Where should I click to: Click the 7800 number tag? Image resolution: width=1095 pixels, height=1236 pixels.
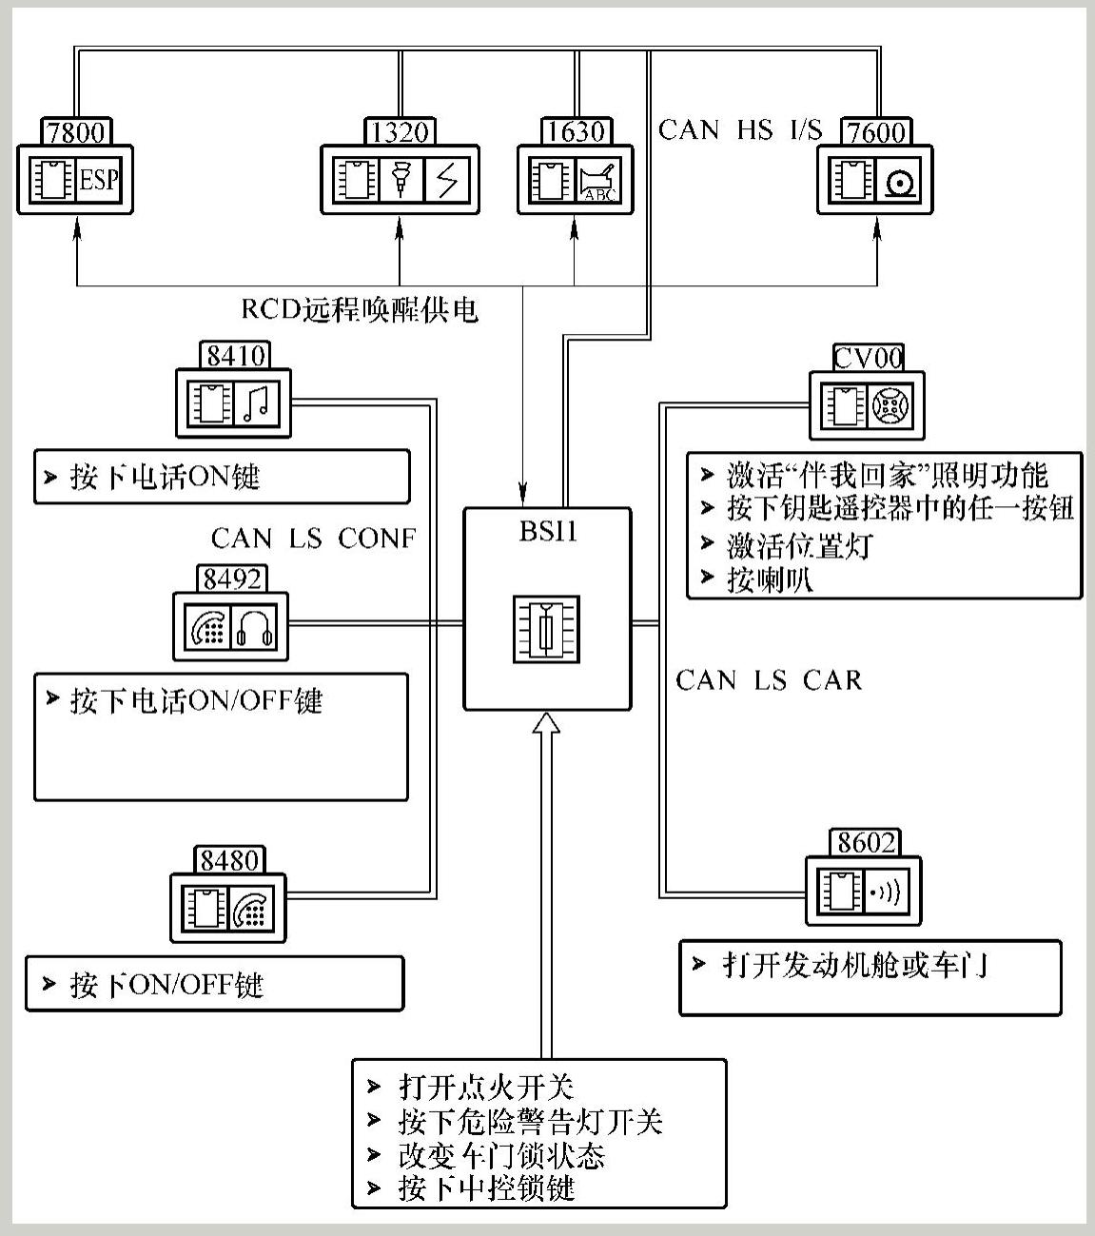click(x=76, y=131)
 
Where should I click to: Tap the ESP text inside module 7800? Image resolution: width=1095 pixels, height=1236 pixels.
click(x=99, y=180)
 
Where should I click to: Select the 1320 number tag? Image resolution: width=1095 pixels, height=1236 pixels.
click(x=400, y=131)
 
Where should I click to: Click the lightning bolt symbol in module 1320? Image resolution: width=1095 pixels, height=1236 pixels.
click(x=447, y=180)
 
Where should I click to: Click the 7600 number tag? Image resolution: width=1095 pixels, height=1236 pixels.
click(x=876, y=131)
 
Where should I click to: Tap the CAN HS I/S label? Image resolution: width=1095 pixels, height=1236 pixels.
click(x=739, y=129)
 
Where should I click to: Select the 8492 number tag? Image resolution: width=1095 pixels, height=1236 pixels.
click(x=232, y=579)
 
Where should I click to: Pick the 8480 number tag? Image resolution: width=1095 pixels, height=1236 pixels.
click(x=229, y=860)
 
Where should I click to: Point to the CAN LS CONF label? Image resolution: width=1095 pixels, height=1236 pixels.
click(x=313, y=539)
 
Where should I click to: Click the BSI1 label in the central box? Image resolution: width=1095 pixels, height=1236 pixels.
click(x=548, y=531)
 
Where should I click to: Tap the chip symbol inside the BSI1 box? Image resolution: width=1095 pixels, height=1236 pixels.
click(x=546, y=629)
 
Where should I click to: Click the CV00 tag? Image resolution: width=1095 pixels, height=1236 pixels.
click(x=868, y=358)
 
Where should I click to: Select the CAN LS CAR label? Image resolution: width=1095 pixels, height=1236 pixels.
click(x=769, y=680)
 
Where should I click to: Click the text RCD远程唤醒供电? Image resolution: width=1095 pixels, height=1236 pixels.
click(x=359, y=310)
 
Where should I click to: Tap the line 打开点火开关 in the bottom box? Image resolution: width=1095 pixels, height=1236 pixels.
click(x=485, y=1087)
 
